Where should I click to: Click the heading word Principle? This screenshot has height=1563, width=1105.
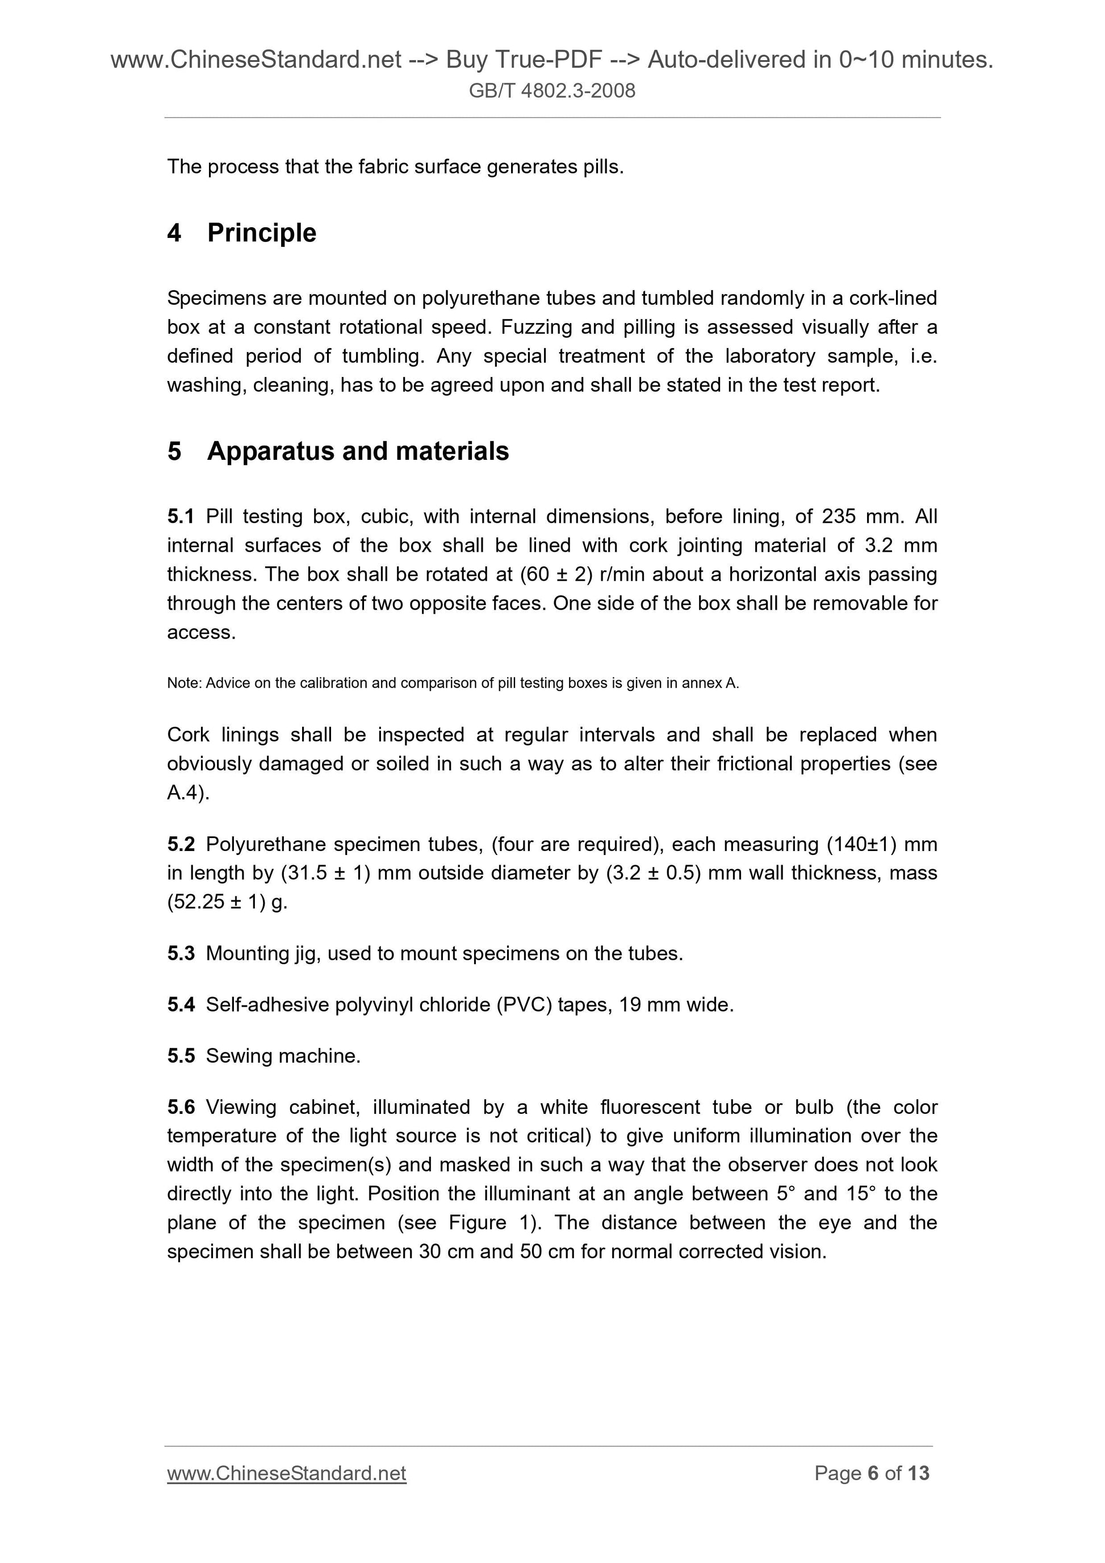[x=261, y=233]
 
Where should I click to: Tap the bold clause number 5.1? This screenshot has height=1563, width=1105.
[x=181, y=517]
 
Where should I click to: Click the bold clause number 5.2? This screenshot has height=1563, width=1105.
[x=181, y=844]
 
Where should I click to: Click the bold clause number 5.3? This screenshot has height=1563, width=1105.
[x=181, y=954]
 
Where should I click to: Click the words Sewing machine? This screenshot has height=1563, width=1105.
[x=283, y=1056]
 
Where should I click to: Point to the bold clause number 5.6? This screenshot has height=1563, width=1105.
[x=181, y=1108]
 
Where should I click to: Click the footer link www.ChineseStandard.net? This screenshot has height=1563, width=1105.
[x=286, y=1473]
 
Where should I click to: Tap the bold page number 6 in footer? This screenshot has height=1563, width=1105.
[x=872, y=1473]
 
